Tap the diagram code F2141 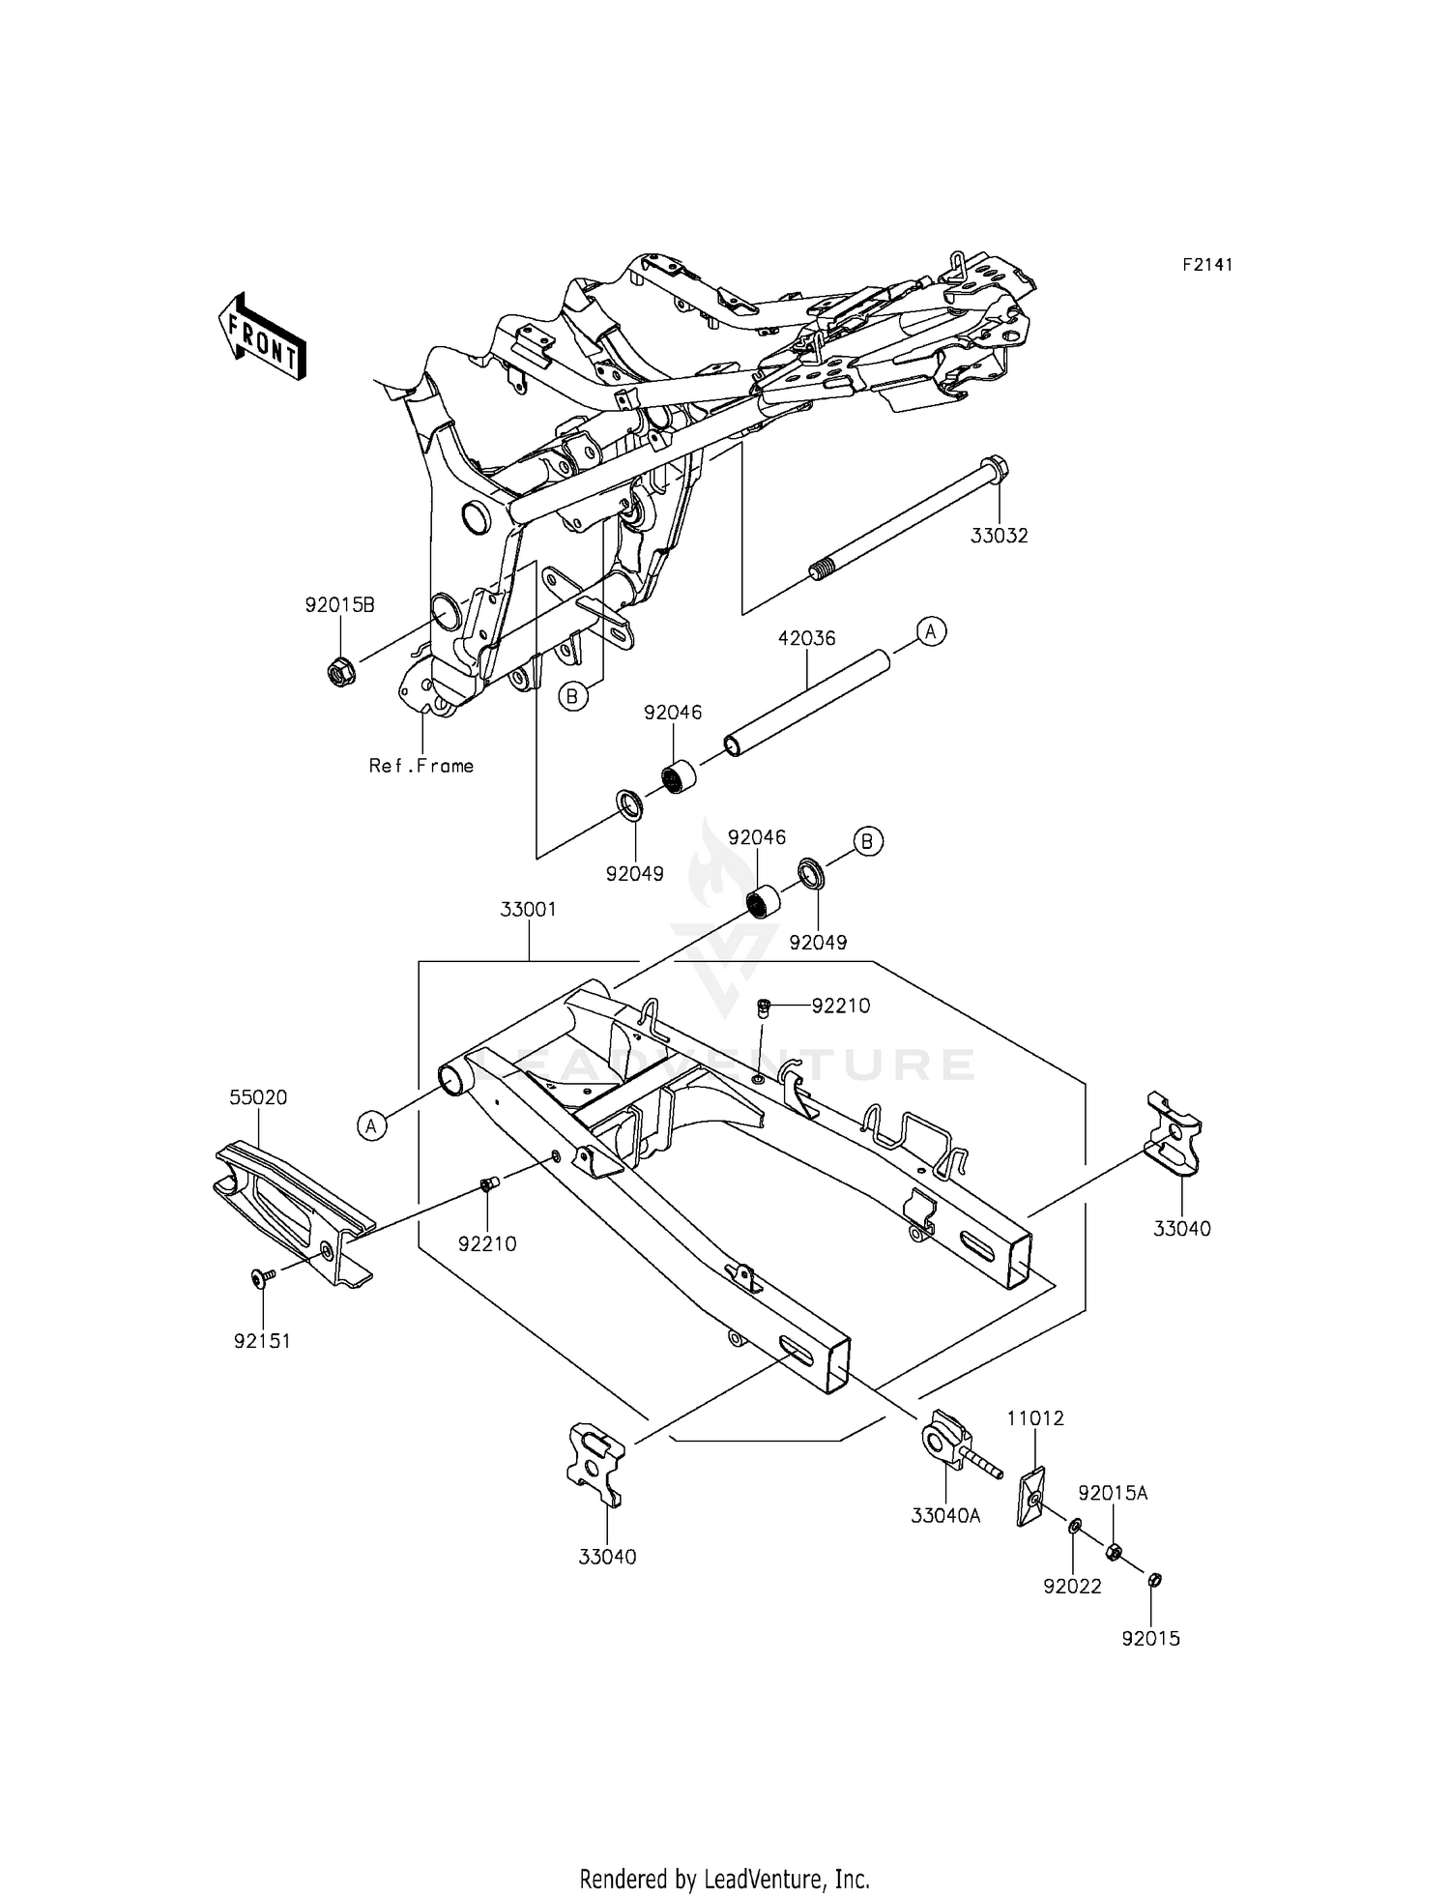tap(1207, 265)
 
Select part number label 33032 tap(1000, 535)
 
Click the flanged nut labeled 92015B tap(340, 670)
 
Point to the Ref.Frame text tap(421, 766)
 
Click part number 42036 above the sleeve tap(807, 638)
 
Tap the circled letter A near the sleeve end tap(930, 631)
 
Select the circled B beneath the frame tap(574, 695)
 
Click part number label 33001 tap(528, 910)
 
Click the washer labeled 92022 tap(1075, 1526)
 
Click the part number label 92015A tap(1112, 1493)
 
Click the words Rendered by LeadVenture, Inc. tap(724, 1853)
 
